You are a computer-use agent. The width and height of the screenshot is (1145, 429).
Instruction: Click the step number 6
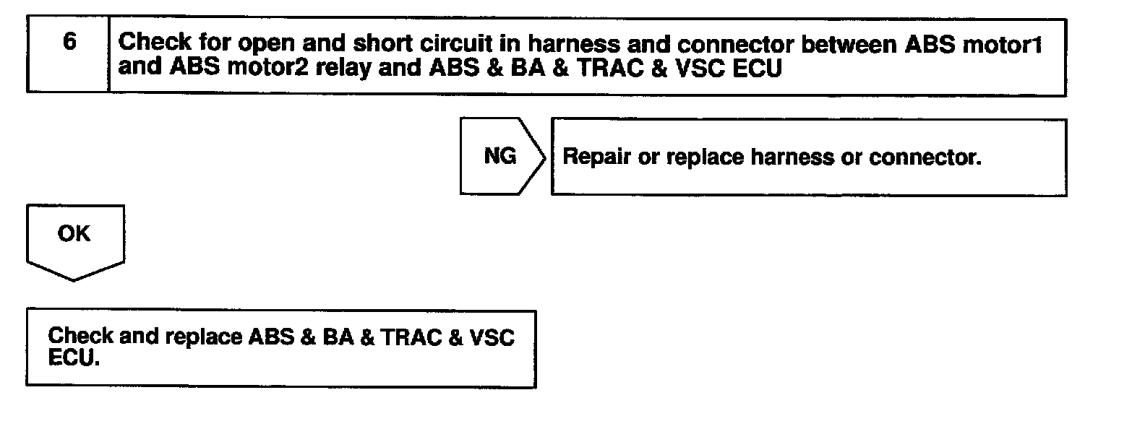69,42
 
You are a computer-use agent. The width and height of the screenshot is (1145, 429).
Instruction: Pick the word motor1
1002,44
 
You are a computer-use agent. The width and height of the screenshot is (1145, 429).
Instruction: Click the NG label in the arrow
499,156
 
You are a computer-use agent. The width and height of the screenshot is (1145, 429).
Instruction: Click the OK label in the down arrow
74,234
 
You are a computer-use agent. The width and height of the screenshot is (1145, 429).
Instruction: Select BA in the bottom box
338,337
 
